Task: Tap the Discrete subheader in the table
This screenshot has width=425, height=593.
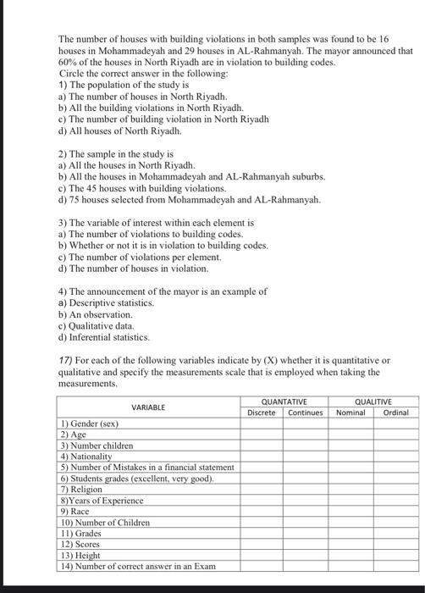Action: pos(262,413)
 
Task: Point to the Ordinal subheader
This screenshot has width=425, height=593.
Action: pos(396,413)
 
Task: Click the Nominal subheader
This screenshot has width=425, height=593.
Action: pos(350,413)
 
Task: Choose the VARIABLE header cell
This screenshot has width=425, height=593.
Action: pos(149,407)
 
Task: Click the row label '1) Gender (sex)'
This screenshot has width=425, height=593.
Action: pos(90,423)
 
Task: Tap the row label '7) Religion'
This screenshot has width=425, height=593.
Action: pos(81,489)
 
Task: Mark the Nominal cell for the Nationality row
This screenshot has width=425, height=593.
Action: pos(350,456)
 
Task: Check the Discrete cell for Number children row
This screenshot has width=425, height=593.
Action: pos(262,445)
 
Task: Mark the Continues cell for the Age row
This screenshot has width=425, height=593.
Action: pos(306,434)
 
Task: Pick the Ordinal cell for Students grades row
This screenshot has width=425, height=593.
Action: pos(396,478)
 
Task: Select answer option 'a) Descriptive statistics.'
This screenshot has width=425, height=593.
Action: pos(106,302)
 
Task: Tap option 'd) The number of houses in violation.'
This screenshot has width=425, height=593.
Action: pos(133,268)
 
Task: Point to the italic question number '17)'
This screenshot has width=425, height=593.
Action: pos(67,360)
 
